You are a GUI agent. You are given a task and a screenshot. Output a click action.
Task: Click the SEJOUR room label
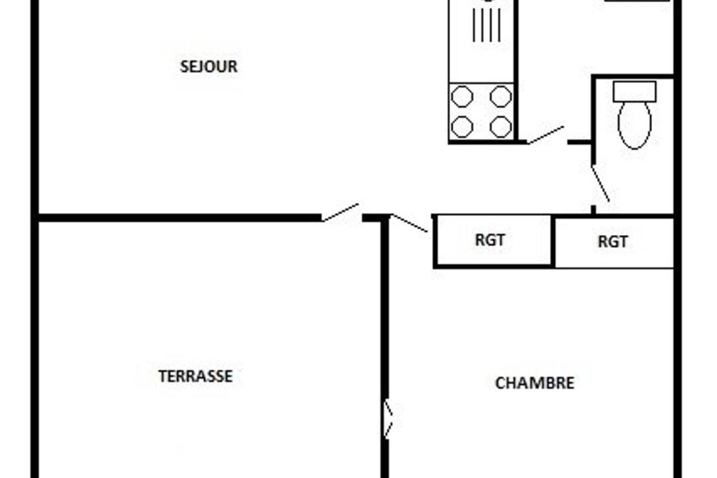click(x=208, y=67)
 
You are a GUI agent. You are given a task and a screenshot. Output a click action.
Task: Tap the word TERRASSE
click(x=195, y=376)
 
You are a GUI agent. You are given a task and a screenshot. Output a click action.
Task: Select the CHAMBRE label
click(x=534, y=383)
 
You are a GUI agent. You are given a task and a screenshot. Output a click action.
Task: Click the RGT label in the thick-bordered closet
click(x=490, y=240)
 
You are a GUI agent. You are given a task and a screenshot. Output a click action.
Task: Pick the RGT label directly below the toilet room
click(x=613, y=242)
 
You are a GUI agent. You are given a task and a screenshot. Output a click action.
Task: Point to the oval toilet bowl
click(x=634, y=124)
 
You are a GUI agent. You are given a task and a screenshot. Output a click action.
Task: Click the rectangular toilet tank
click(x=635, y=92)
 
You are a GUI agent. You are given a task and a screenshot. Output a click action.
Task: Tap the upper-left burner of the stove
click(x=462, y=96)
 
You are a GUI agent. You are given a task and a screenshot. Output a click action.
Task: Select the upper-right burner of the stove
click(x=501, y=96)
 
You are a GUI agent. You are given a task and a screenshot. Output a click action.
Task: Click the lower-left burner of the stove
click(x=462, y=127)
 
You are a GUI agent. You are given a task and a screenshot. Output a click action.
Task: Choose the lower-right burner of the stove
click(x=501, y=127)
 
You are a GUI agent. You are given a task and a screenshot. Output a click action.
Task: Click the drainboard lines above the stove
click(x=487, y=25)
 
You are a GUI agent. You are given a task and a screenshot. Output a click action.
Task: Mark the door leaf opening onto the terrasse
click(x=340, y=212)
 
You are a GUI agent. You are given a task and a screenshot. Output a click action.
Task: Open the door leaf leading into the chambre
click(x=410, y=223)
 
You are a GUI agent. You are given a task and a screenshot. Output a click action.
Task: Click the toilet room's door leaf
click(x=600, y=183)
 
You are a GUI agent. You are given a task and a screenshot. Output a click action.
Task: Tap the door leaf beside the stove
click(x=546, y=135)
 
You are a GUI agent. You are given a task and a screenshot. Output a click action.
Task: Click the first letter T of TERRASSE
click(x=163, y=376)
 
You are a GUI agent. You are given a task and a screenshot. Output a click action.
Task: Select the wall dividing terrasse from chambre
click(x=385, y=348)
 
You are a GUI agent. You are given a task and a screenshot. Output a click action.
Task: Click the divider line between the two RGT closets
click(x=553, y=241)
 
